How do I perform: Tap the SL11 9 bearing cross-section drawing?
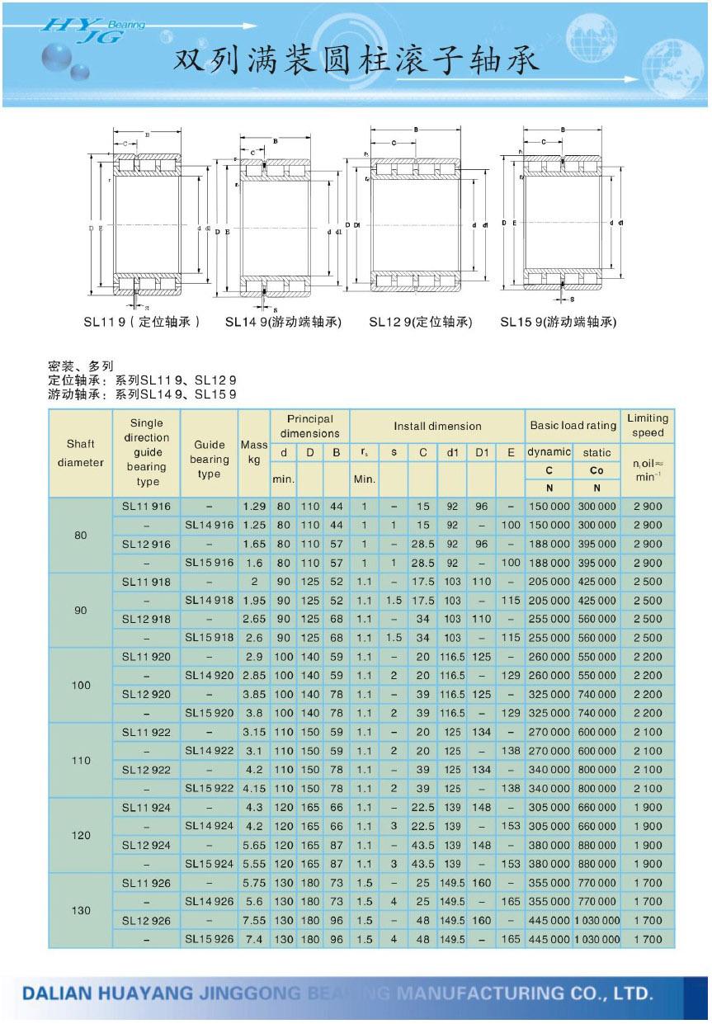click(x=147, y=224)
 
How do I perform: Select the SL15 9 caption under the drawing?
click(x=558, y=323)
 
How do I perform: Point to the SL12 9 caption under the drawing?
click(x=420, y=323)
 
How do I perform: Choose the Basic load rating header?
click(x=573, y=426)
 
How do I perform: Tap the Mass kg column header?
click(x=254, y=452)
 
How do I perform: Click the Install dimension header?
click(x=436, y=426)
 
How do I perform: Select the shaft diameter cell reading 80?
click(x=80, y=535)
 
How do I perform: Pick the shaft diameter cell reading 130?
click(x=80, y=910)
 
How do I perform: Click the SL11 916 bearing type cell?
click(x=146, y=507)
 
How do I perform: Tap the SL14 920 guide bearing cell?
click(x=210, y=676)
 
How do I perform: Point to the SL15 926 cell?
click(x=210, y=939)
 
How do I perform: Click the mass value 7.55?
click(x=254, y=920)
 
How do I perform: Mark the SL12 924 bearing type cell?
click(x=146, y=845)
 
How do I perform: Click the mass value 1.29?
click(x=254, y=507)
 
